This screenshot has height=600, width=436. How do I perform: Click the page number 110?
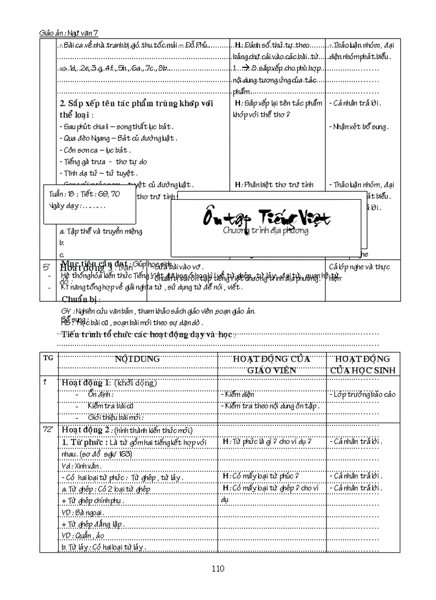(217, 568)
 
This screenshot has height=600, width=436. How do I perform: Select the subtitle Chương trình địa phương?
(266, 231)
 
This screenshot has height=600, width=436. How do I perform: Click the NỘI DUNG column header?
(137, 359)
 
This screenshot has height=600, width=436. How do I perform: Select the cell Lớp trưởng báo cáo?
(362, 394)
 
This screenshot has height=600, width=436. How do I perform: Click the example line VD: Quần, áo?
(83, 535)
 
